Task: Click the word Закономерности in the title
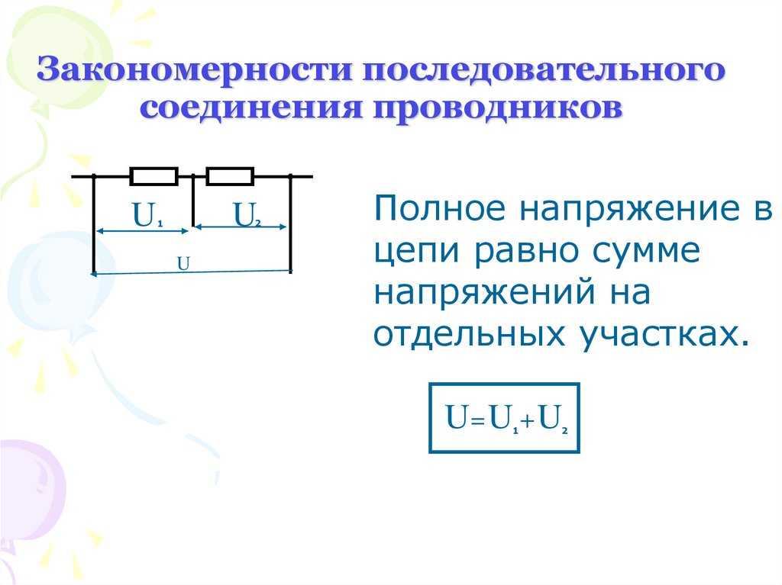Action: (x=195, y=69)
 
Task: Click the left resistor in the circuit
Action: (x=154, y=176)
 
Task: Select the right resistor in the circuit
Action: (x=230, y=176)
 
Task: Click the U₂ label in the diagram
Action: (x=247, y=215)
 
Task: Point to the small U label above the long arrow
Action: (x=183, y=263)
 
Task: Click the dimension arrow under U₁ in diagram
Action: (x=142, y=230)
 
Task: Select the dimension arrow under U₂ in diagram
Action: (x=240, y=227)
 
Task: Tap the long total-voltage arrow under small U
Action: (x=192, y=272)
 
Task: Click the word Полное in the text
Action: (x=439, y=207)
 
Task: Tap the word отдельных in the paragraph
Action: (x=470, y=334)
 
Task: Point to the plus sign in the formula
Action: (x=528, y=423)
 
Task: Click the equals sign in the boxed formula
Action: (x=478, y=423)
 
